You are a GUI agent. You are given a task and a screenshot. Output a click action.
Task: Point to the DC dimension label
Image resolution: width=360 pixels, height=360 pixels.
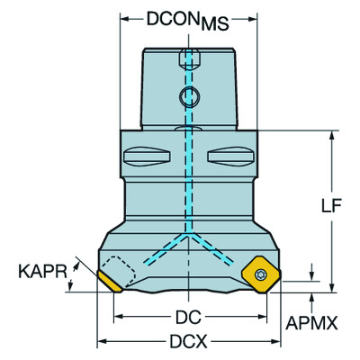click(186, 318)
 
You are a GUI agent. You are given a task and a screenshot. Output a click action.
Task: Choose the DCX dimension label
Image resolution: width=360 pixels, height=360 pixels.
click(186, 343)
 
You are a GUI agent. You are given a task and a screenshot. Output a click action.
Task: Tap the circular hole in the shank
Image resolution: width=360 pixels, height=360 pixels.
click(186, 97)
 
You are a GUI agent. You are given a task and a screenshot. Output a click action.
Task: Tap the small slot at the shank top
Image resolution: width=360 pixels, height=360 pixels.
click(186, 58)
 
